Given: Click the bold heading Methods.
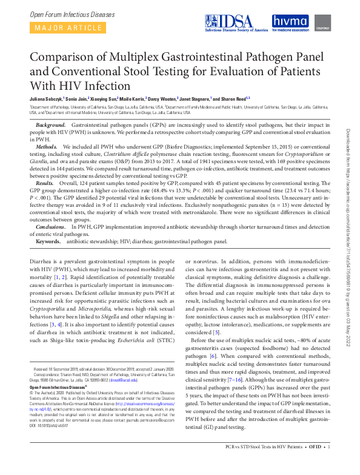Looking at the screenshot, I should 47,147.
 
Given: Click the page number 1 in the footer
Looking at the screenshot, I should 328,465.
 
